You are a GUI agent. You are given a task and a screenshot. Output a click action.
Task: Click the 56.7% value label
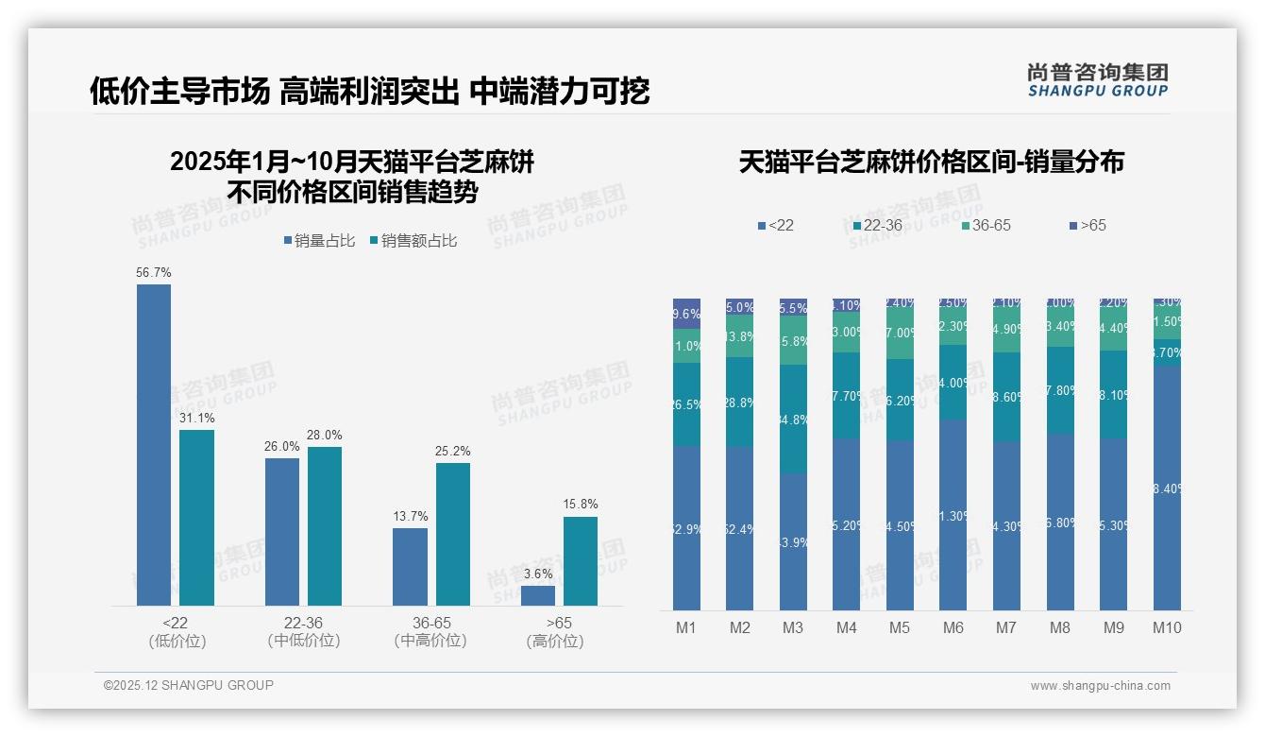154,272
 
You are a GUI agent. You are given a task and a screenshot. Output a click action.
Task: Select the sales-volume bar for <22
154,444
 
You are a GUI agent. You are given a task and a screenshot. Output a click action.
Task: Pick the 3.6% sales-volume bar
538,595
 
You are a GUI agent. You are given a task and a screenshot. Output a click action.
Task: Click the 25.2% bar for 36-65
453,534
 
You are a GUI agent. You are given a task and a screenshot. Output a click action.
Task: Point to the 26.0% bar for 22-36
282,531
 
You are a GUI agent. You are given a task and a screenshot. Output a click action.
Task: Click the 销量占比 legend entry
319,241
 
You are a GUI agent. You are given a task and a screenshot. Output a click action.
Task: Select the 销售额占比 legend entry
413,241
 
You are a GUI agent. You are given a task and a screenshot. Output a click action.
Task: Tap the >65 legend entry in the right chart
1088,226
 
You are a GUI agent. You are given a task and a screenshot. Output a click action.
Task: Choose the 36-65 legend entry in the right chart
987,226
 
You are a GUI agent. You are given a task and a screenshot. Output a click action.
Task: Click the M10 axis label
1167,627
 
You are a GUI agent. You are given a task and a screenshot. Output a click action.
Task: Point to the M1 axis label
686,627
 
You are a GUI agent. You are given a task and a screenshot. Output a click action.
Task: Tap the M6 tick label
953,627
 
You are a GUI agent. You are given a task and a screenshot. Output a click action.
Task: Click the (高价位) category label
554,642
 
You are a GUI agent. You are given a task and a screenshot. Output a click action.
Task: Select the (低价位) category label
177,642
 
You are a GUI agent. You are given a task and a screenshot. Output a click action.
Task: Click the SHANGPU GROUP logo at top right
1097,80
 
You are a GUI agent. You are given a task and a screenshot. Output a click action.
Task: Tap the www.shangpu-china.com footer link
1100,686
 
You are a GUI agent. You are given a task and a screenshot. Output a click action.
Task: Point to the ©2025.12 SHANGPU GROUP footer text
189,685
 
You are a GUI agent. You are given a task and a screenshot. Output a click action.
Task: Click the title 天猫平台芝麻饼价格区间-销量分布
931,162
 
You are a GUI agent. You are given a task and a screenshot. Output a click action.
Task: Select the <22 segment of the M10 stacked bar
1167,488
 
